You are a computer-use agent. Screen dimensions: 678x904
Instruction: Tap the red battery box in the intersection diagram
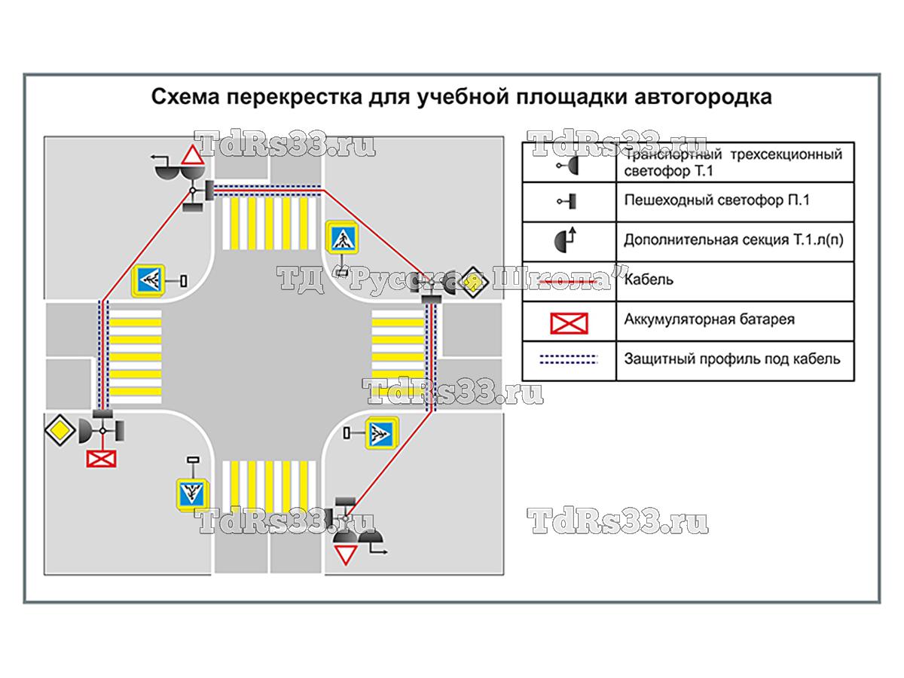pos(101,458)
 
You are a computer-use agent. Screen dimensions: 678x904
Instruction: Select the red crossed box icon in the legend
pos(569,322)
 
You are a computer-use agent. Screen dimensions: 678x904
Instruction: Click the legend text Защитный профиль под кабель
pos(731,359)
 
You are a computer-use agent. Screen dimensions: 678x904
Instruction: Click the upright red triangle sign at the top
pos(191,157)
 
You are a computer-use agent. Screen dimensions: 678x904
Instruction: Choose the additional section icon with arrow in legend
pos(569,240)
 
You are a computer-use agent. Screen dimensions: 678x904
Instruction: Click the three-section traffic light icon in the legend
pos(569,163)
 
